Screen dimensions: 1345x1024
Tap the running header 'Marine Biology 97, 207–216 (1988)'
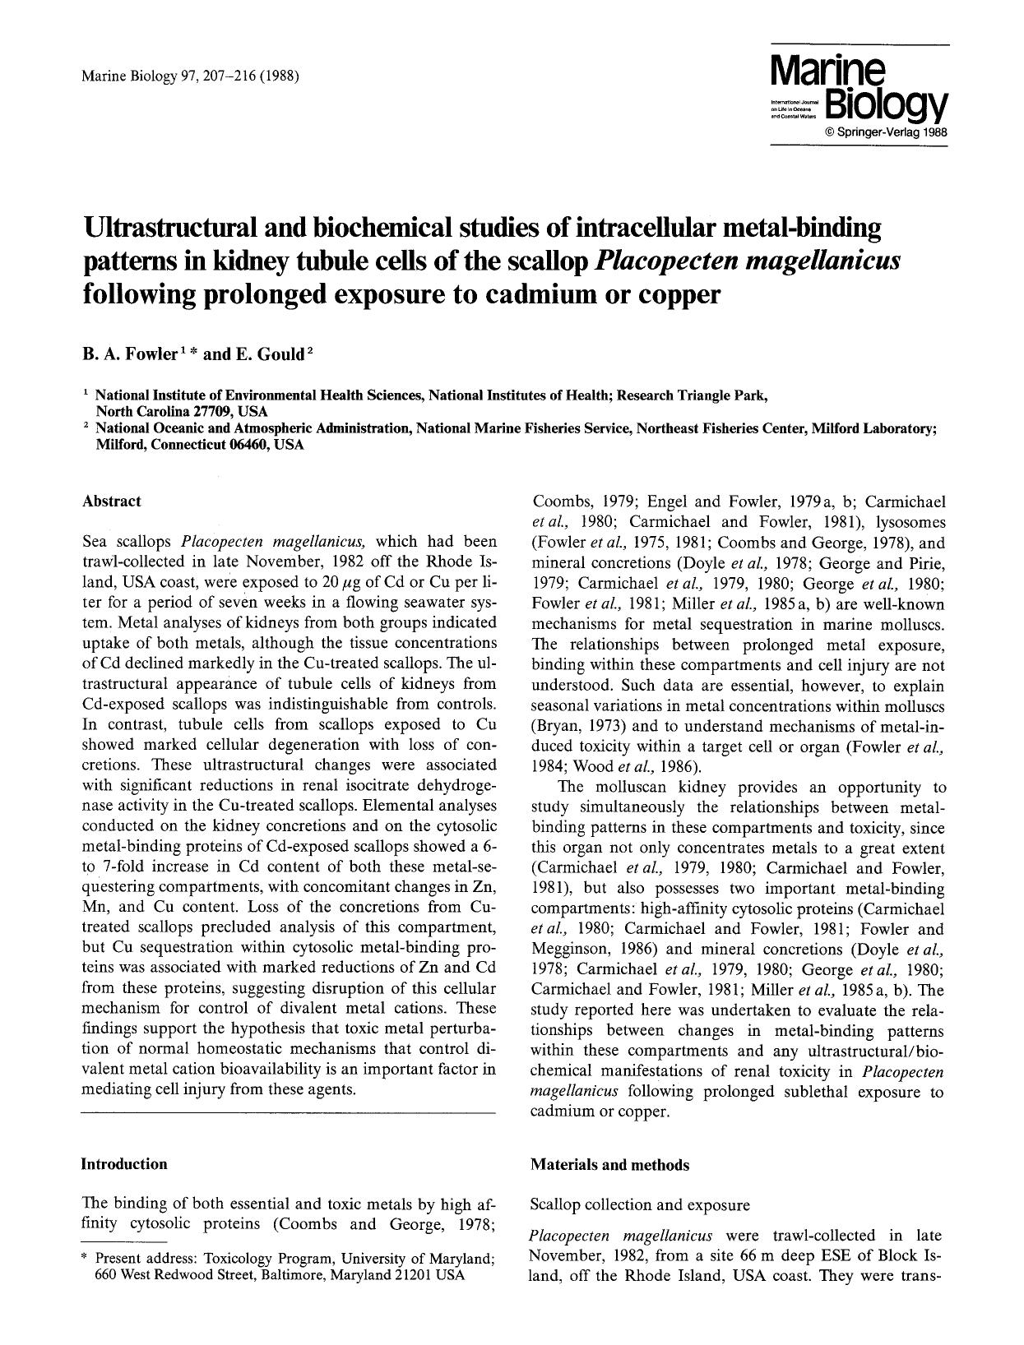pos(190,77)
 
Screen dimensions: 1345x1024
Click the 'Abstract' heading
pos(111,501)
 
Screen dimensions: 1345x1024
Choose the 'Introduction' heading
pos(123,1164)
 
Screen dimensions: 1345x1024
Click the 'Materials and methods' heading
pos(610,1165)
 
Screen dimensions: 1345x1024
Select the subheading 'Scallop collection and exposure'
pos(640,1205)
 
